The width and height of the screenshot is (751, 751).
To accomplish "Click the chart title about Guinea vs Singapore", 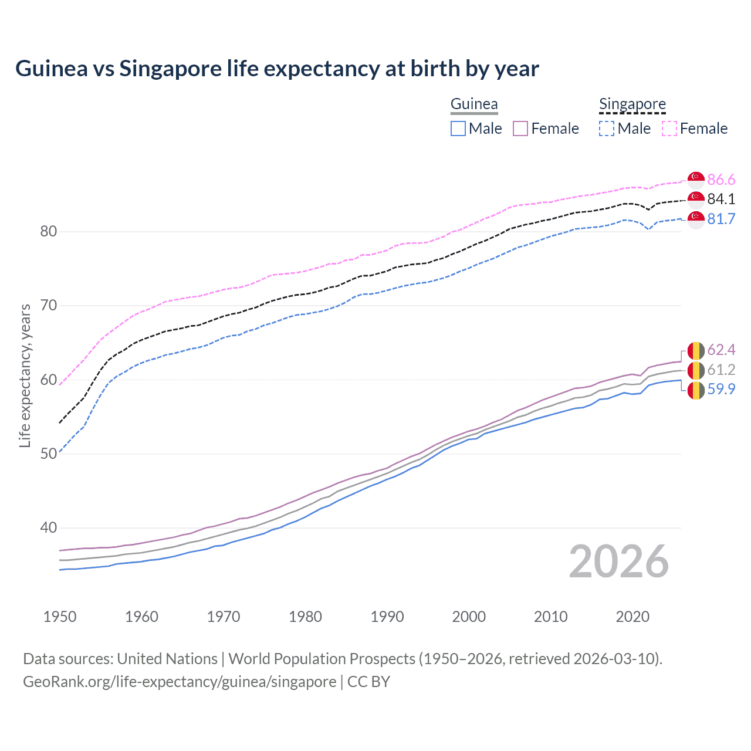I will pyautogui.click(x=277, y=69).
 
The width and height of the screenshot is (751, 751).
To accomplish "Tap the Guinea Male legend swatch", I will pyautogui.click(x=458, y=128).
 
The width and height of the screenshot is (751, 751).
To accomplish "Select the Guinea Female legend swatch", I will pyautogui.click(x=521, y=128).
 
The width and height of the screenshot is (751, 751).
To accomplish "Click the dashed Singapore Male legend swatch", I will pyautogui.click(x=607, y=128).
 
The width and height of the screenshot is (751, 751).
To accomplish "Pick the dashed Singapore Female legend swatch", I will pyautogui.click(x=669, y=128).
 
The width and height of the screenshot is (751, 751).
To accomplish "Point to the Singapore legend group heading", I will pyautogui.click(x=632, y=104).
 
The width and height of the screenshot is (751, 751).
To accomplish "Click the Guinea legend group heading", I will pyautogui.click(x=474, y=104).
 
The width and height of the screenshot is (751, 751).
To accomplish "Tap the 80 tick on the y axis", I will pyautogui.click(x=48, y=231).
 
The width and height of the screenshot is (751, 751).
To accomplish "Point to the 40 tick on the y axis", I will pyautogui.click(x=48, y=528).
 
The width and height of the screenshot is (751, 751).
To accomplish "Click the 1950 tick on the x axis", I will pyautogui.click(x=60, y=617).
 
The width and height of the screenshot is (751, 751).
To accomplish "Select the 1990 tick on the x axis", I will pyautogui.click(x=387, y=617).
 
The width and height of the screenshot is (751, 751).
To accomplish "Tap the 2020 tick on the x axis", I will pyautogui.click(x=632, y=617).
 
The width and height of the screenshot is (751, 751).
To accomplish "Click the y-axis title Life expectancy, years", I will pyautogui.click(x=25, y=375).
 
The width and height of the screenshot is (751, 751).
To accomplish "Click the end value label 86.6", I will pyautogui.click(x=721, y=180).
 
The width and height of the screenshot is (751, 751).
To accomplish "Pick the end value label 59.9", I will pyautogui.click(x=721, y=389).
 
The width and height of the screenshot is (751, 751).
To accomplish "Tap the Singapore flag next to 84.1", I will pyautogui.click(x=696, y=199).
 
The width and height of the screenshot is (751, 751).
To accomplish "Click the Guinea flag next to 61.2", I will pyautogui.click(x=696, y=370).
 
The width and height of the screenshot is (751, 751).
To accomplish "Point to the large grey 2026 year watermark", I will pyautogui.click(x=619, y=561).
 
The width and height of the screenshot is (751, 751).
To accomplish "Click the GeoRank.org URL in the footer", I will pyautogui.click(x=180, y=682).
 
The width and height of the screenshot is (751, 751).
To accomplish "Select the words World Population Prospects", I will pyautogui.click(x=322, y=659).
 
